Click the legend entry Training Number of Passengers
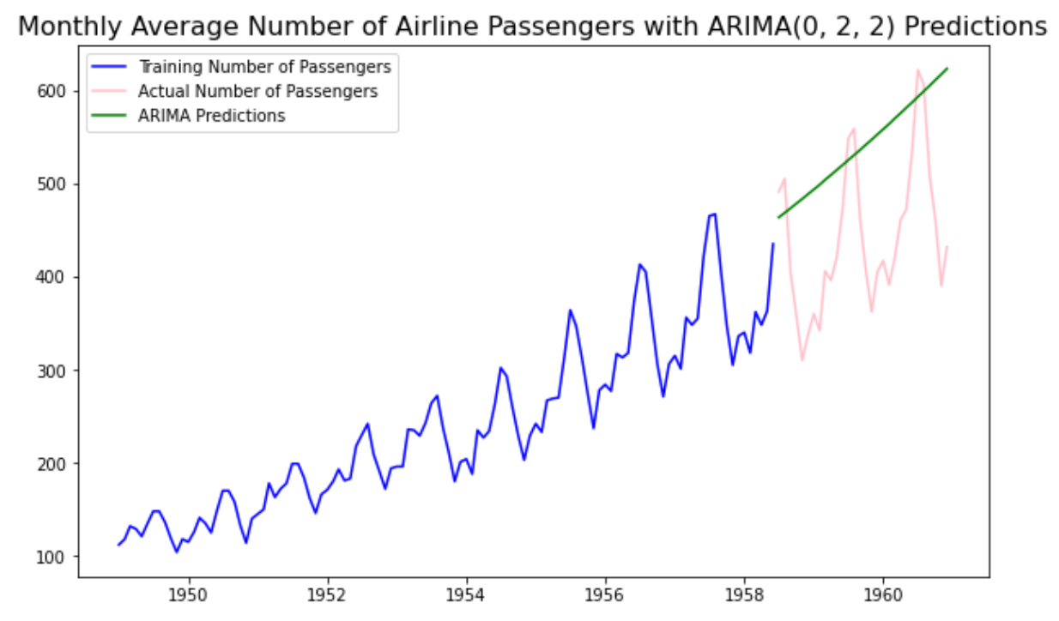pos(264,66)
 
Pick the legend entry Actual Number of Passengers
pos(257,91)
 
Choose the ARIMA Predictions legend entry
pos(211,116)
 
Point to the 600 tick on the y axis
pos(61,91)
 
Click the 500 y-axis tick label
pos(61,184)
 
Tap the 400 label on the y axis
pos(61,277)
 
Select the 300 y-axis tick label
pos(61,371)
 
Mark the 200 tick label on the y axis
pos(61,463)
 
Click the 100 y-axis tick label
pos(61,557)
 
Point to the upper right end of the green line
pos(947,69)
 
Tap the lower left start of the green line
pos(779,217)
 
